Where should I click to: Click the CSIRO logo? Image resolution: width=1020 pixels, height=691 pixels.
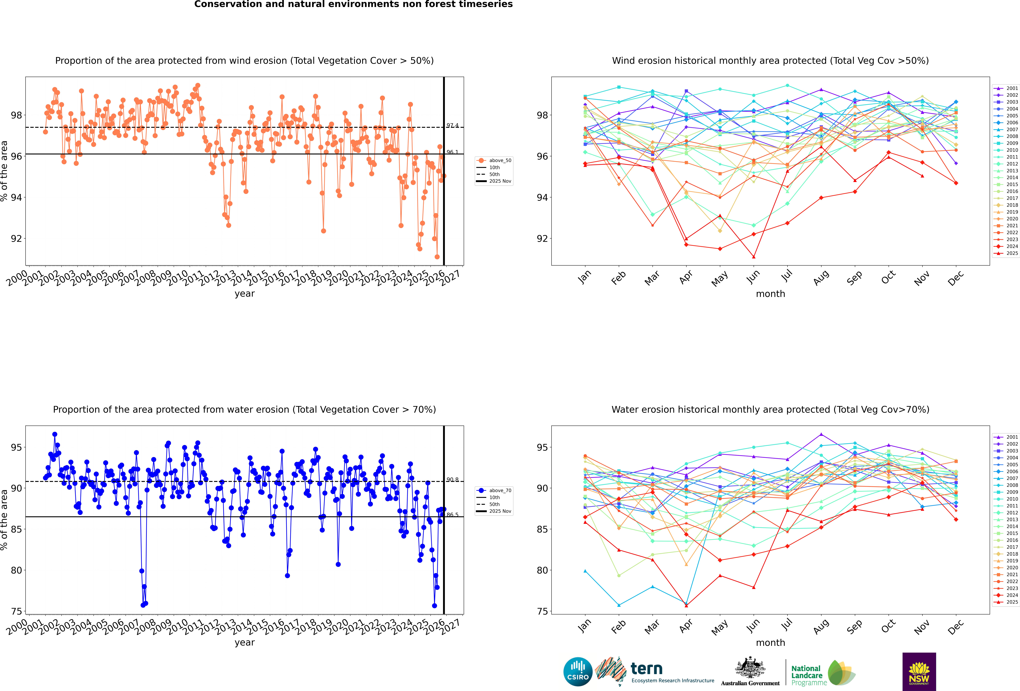[578, 672]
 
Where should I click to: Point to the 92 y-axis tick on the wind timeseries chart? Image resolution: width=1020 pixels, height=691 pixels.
[16, 239]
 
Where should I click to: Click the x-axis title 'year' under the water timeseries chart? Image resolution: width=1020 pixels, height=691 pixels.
[244, 642]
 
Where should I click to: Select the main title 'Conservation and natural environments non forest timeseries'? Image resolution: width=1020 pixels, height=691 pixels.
[353, 4]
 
